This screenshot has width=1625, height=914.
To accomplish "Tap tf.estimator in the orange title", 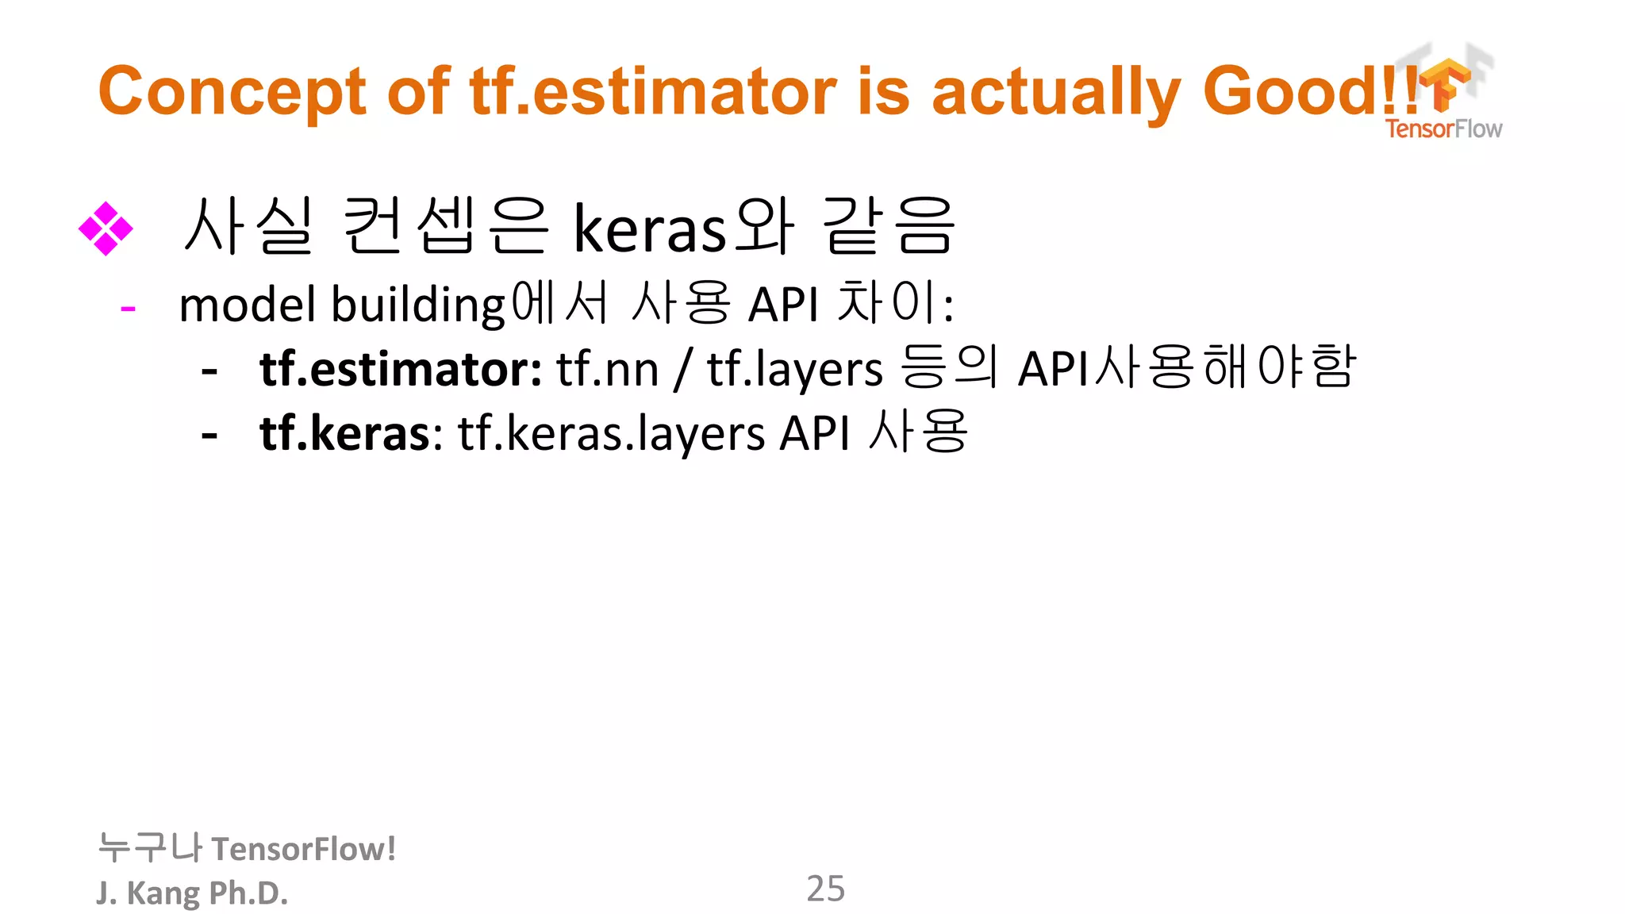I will pos(652,91).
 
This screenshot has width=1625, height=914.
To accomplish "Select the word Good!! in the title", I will pos(1309,91).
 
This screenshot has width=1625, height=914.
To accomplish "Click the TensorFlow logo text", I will pos(1443,129).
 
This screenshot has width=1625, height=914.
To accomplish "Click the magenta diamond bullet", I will pos(106,228).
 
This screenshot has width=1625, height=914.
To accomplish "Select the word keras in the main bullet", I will pos(649,229).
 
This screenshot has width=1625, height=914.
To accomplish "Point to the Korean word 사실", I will pos(248,227).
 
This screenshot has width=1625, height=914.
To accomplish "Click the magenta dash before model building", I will pos(128,308).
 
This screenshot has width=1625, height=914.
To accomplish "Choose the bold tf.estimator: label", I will pos(401,370).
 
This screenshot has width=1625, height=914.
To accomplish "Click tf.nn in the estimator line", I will pos(607,370).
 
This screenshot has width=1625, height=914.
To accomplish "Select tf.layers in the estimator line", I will pos(794,370).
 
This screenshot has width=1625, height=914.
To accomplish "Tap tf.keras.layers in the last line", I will pos(612,434).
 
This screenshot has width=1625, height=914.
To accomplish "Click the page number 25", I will pos(825,889).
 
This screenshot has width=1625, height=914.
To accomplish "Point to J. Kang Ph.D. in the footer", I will pos(192,893).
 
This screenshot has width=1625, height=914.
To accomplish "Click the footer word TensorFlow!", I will pos(303,849).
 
